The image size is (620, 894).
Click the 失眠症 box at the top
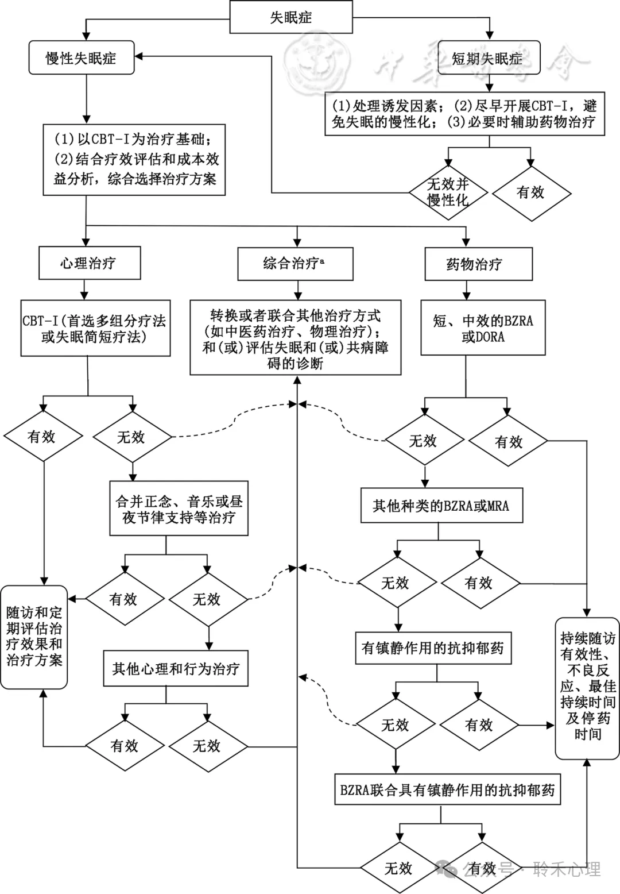[290, 17]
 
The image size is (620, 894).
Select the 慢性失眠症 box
[81, 58]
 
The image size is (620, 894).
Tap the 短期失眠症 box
[488, 58]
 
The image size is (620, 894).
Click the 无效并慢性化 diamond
[448, 192]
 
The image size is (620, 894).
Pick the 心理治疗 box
[88, 264]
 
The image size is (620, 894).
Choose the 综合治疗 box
[295, 264]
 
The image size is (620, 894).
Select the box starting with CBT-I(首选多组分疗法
[95, 329]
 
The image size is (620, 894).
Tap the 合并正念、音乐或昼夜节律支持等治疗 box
[179, 510]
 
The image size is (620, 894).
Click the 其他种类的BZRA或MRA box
[441, 506]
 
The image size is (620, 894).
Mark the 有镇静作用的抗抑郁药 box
[433, 648]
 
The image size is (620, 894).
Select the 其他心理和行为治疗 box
[176, 669]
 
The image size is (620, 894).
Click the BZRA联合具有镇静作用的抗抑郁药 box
[447, 790]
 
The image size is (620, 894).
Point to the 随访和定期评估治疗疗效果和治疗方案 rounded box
[34, 637]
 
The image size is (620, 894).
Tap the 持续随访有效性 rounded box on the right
[587, 687]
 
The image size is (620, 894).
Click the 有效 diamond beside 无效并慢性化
[531, 192]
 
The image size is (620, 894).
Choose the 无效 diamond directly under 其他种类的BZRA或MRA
[396, 583]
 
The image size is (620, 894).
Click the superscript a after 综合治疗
[322, 261]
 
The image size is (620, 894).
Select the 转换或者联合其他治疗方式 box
[295, 339]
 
